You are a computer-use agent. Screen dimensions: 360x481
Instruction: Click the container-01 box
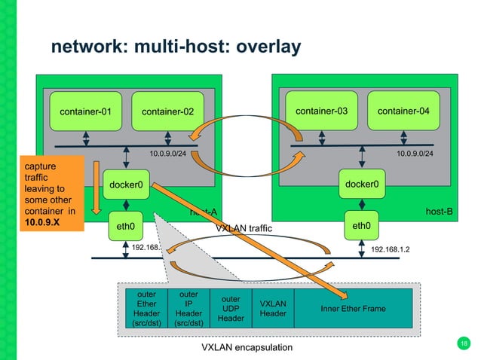pyautogui.click(x=86, y=112)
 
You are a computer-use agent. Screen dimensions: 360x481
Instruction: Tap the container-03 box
pyautogui.click(x=321, y=111)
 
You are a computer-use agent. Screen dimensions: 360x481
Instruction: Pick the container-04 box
pyautogui.click(x=403, y=111)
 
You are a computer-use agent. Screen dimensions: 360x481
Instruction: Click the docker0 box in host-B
pyautogui.click(x=361, y=183)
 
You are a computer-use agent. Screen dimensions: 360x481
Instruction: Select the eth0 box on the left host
pyautogui.click(x=125, y=224)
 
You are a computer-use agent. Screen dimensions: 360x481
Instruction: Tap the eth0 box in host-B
pyautogui.click(x=361, y=224)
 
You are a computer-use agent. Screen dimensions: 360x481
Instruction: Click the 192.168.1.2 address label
pyautogui.click(x=395, y=247)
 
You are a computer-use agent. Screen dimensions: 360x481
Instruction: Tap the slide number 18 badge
pyautogui.click(x=463, y=344)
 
